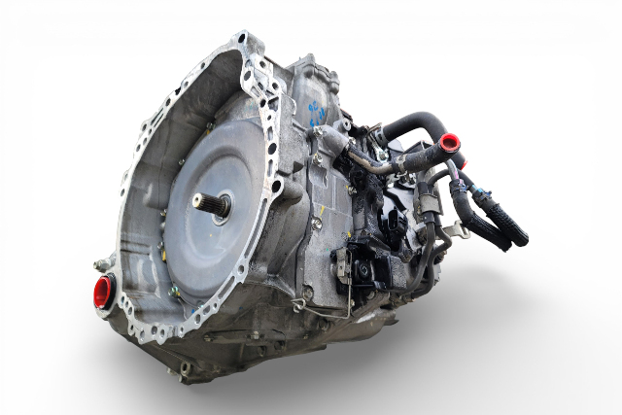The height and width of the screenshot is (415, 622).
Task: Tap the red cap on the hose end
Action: [449, 143]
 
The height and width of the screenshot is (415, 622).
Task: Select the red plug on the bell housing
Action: [103, 292]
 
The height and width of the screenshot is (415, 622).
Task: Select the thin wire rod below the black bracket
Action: [348, 301]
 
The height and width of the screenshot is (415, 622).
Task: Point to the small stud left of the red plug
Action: [95, 264]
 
